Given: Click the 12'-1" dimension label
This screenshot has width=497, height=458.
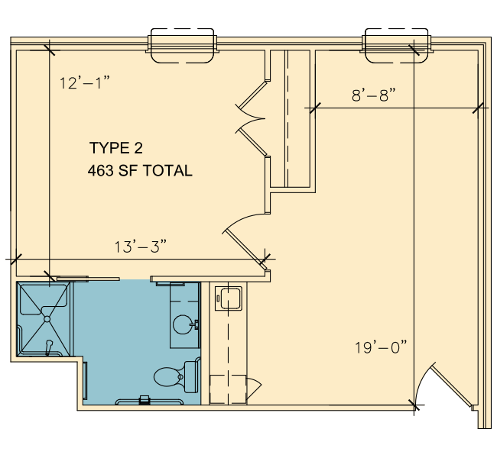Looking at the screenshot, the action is pyautogui.click(x=85, y=83).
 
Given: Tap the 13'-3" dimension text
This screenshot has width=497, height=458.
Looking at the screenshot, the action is pyautogui.click(x=141, y=247).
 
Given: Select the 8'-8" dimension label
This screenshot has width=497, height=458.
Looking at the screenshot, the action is pyautogui.click(x=374, y=95).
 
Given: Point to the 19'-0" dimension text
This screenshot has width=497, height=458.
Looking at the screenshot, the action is pyautogui.click(x=381, y=347).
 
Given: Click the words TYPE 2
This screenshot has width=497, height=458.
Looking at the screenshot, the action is pyautogui.click(x=116, y=148).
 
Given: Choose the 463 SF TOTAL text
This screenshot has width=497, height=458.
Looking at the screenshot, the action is pyautogui.click(x=140, y=170).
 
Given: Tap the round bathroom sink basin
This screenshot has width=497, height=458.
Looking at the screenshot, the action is pyautogui.click(x=183, y=324).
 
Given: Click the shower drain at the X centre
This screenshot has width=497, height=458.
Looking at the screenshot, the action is pyautogui.click(x=47, y=319).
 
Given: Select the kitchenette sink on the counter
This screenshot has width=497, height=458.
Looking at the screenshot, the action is pyautogui.click(x=228, y=298).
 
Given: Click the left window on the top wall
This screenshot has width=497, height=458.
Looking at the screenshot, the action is pyautogui.click(x=182, y=46).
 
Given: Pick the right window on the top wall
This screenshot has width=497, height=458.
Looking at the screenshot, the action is pyautogui.click(x=397, y=46).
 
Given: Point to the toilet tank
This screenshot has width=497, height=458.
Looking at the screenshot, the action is pyautogui.click(x=193, y=376).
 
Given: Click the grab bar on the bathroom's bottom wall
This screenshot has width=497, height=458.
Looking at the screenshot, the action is pyautogui.click(x=149, y=402).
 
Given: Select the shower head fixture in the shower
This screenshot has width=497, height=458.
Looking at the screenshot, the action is pyautogui.click(x=48, y=347).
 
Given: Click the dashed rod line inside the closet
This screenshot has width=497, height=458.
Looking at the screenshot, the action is pyautogui.click(x=287, y=118).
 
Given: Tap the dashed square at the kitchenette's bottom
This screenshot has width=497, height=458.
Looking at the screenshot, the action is pyautogui.click(x=228, y=389).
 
